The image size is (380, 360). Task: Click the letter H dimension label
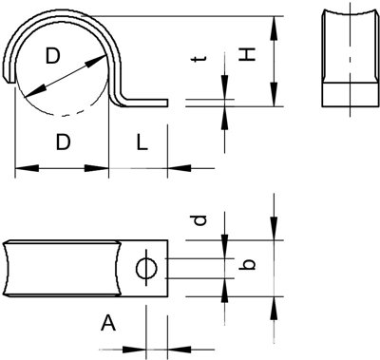pyautogui.click(x=247, y=55)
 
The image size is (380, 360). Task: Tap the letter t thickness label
pyautogui.click(x=200, y=59)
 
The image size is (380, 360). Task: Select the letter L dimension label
pyautogui.click(x=142, y=142)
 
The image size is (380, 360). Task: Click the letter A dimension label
pyautogui.click(x=108, y=323)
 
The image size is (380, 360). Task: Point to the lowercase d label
pyautogui.click(x=200, y=220)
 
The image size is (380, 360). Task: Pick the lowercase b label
pyautogui.click(x=247, y=265)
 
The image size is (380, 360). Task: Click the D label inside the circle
pyautogui.click(x=52, y=56)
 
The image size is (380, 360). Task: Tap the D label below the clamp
pyautogui.click(x=63, y=142)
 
